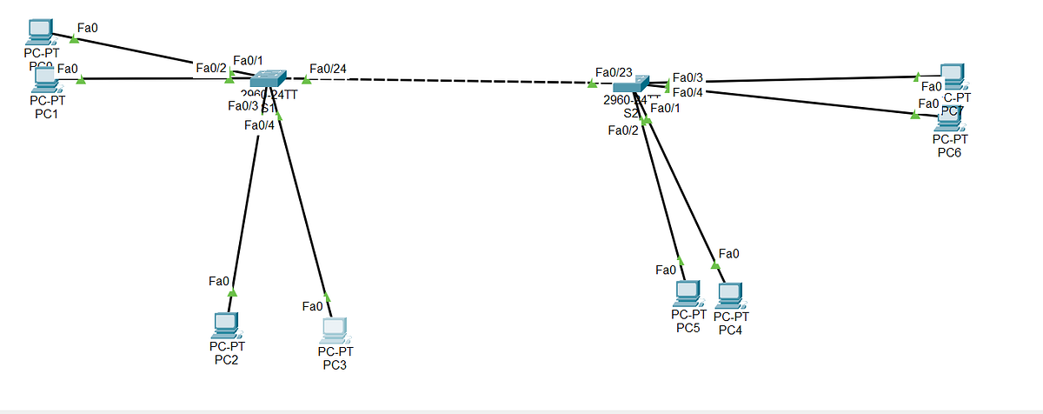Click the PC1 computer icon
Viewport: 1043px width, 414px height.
(x=43, y=80)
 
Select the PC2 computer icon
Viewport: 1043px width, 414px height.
(x=225, y=326)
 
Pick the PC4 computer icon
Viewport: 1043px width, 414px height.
(x=731, y=296)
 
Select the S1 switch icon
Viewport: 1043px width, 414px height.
(x=262, y=83)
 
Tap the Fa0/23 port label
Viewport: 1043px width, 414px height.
(x=614, y=72)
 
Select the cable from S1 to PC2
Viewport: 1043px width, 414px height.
(x=245, y=209)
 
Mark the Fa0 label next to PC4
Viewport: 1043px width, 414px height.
(x=730, y=254)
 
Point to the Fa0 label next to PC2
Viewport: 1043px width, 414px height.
(x=219, y=281)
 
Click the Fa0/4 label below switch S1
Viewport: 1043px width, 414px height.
(x=259, y=125)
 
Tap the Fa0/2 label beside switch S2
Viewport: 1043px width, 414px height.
(x=623, y=130)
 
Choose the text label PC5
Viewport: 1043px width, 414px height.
(x=688, y=328)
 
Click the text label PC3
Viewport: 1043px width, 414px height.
(x=335, y=364)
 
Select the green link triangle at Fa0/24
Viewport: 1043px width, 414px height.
(x=306, y=81)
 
